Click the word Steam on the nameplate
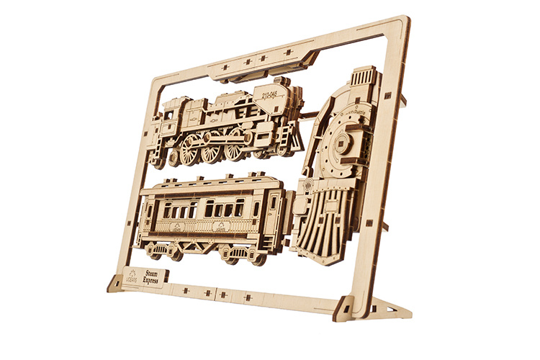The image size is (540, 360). tap(150, 272)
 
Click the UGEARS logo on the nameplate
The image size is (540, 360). tap(132, 276)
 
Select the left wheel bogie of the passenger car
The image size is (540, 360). tap(165, 250)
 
